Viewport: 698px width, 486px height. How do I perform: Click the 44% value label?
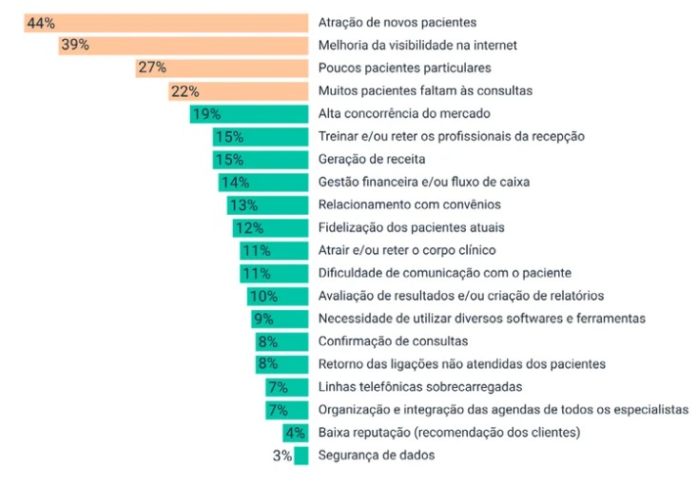pos(41,23)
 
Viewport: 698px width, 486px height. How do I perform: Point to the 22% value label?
pos(184,91)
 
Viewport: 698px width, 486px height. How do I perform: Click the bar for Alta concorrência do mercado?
pos(249,114)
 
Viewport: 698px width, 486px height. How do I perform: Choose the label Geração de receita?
pos(372,160)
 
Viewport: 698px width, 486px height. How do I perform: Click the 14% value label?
pos(234,183)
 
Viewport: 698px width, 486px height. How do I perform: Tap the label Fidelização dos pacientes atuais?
pos(411,228)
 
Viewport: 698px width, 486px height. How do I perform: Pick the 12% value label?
pos(248,228)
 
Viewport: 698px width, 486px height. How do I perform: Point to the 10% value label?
pos(262,297)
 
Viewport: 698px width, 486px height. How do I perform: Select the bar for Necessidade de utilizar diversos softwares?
pos(281,319)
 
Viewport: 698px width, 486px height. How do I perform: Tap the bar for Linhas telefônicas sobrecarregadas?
pos(287,387)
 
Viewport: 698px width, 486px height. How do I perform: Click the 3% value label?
pos(281,456)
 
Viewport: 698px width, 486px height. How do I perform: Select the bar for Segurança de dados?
pos(301,456)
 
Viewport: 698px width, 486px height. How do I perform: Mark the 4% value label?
pos(295,433)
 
